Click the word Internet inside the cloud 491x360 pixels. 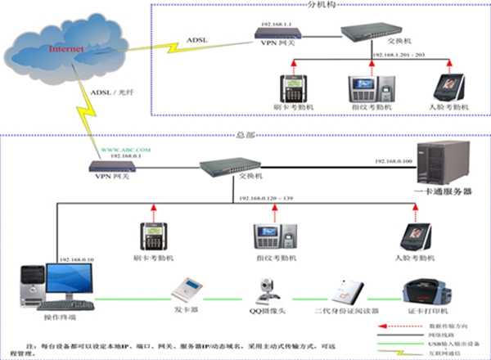pyautogui.click(x=66, y=49)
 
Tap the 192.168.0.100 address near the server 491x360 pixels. pyautogui.click(x=394, y=162)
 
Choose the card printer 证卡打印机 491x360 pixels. pyautogui.click(x=426, y=293)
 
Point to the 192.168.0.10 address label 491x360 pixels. pyautogui.click(x=77, y=259)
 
